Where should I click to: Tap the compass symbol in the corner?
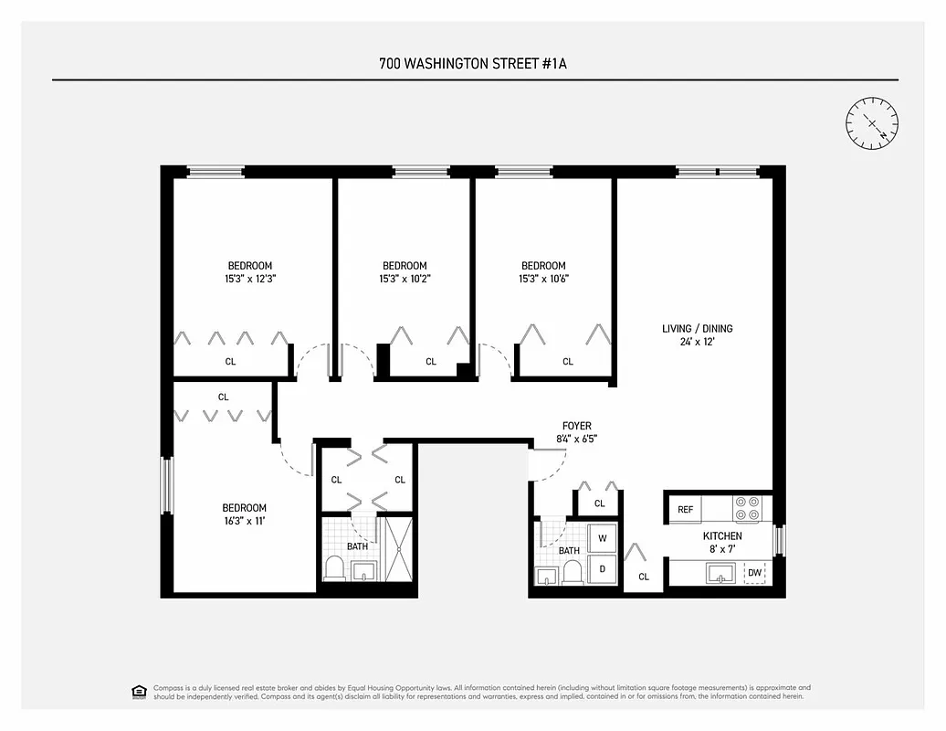tap(871, 122)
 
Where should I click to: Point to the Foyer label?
tap(576, 432)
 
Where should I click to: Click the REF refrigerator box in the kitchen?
tap(684, 509)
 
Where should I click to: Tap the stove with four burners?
tap(747, 508)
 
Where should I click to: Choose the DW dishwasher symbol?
tap(754, 573)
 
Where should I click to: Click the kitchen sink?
tap(720, 573)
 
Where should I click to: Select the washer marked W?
tap(602, 538)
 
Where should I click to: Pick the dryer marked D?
tap(602, 568)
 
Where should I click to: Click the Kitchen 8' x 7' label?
tap(721, 542)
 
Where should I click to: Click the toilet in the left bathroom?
tap(334, 569)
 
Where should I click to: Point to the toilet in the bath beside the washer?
tap(573, 573)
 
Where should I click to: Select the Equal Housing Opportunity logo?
tap(139, 691)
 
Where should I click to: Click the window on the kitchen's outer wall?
tap(779, 540)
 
